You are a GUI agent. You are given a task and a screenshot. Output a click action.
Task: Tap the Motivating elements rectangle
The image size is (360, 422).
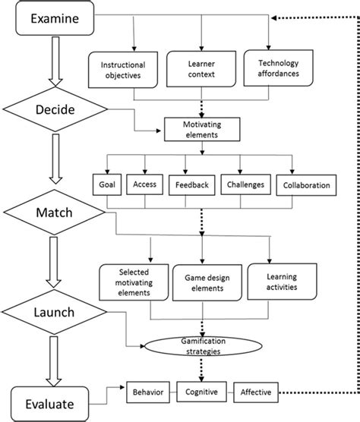click(201, 129)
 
